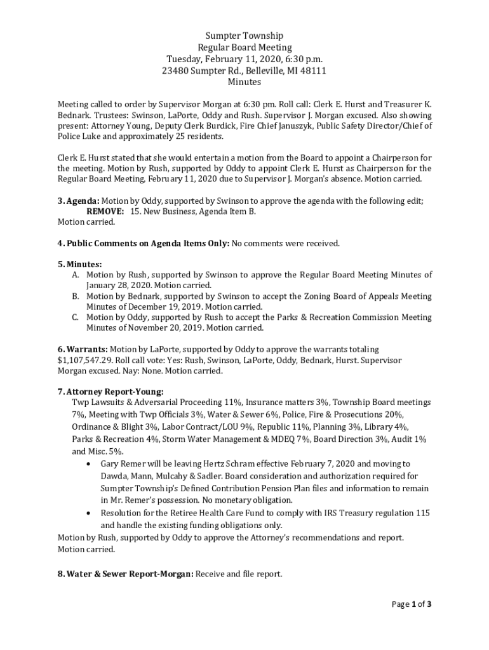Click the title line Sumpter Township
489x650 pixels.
[245, 36]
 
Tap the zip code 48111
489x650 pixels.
[313, 70]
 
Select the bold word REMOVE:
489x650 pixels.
[105, 211]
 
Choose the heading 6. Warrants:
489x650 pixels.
[83, 349]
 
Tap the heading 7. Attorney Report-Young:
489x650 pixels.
[111, 391]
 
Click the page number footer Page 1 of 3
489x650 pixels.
[411, 604]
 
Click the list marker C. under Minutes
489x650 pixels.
[75, 317]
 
